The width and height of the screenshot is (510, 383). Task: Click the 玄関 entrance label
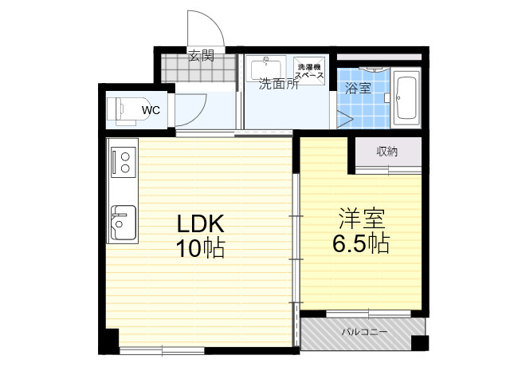pyautogui.click(x=202, y=55)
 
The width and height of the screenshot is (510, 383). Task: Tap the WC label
pyautogui.click(x=151, y=110)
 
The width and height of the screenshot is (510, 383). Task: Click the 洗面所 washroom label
pyautogui.click(x=279, y=84)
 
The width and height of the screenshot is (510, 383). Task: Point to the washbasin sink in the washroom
pyautogui.click(x=265, y=69)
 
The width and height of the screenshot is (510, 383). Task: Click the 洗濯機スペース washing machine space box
pyautogui.click(x=309, y=71)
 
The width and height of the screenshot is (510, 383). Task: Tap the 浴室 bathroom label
pyautogui.click(x=358, y=88)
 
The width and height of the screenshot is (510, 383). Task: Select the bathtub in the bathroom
pyautogui.click(x=407, y=98)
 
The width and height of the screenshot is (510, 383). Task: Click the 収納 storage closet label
pyautogui.click(x=387, y=152)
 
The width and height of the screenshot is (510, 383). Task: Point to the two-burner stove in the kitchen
pyautogui.click(x=124, y=162)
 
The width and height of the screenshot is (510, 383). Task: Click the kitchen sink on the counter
pyautogui.click(x=124, y=222)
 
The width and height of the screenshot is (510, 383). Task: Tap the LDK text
pyautogui.click(x=200, y=223)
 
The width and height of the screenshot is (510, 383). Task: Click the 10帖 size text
pyautogui.click(x=200, y=248)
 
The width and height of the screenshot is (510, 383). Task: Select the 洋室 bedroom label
pyautogui.click(x=362, y=218)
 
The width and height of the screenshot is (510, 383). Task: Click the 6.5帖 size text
pyautogui.click(x=361, y=243)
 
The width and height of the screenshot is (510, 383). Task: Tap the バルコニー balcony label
pyautogui.click(x=364, y=332)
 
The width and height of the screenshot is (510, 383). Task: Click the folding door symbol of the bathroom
pyautogui.click(x=344, y=119)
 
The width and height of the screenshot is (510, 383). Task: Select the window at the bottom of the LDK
pyautogui.click(x=162, y=351)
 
